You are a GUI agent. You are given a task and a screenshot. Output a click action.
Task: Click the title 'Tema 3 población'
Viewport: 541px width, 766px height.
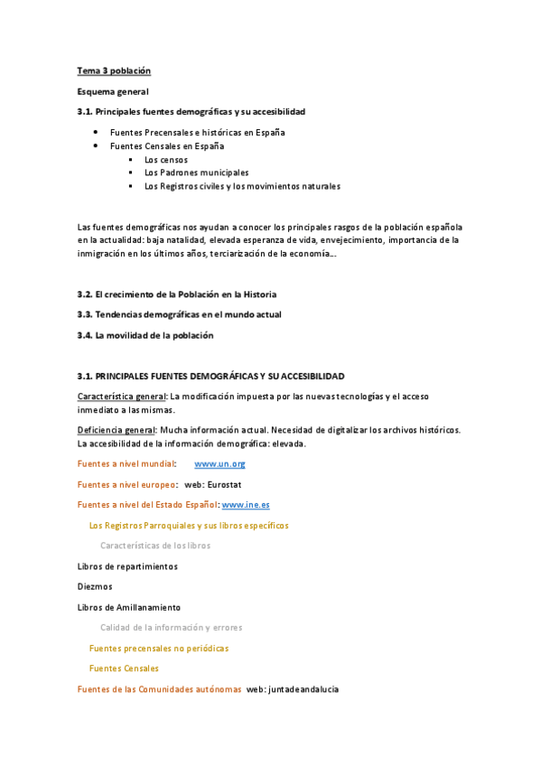[113, 70]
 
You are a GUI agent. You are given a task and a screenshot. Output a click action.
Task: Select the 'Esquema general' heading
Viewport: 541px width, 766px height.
[113, 91]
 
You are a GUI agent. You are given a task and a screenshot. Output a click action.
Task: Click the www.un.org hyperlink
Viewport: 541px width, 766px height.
[219, 463]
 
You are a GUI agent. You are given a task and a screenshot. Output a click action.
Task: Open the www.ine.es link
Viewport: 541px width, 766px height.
[245, 504]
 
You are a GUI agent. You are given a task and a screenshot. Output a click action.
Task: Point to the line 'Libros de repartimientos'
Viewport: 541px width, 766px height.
[127, 566]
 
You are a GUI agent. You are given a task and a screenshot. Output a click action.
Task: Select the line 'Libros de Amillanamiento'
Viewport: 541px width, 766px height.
[129, 607]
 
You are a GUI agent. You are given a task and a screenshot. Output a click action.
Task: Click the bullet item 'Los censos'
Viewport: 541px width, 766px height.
[166, 159]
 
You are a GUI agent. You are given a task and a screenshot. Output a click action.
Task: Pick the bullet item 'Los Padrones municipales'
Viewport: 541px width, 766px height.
[196, 173]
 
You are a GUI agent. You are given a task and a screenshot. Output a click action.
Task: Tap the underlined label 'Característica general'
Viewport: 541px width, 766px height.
[122, 397]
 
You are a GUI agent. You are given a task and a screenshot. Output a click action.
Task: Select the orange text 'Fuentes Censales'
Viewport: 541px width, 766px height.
[124, 668]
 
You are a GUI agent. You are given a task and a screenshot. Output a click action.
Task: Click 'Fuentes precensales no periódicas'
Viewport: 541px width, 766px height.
[159, 648]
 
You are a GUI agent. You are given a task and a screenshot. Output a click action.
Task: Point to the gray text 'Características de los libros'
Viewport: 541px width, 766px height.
[155, 546]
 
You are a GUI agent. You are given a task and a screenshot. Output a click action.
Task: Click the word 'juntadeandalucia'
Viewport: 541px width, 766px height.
[304, 689]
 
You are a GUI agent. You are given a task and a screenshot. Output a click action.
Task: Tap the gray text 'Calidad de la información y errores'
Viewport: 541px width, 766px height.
[171, 627]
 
